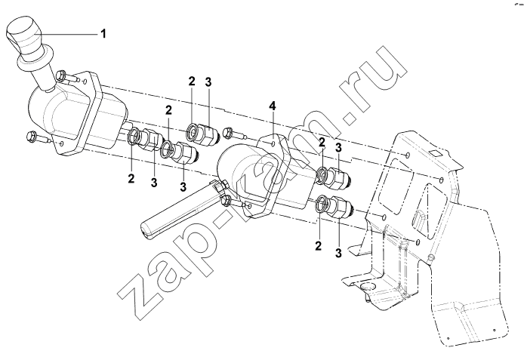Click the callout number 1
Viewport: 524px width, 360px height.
[x=103, y=34]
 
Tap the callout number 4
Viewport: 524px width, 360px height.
[x=273, y=106]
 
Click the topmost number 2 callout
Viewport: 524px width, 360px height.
[x=191, y=82]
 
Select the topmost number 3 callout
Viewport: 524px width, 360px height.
[x=208, y=82]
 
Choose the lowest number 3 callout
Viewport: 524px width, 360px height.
[x=338, y=253]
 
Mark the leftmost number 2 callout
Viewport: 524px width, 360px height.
[x=131, y=178]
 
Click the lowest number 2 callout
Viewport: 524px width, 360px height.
[x=318, y=247]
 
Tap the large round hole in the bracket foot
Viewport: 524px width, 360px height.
[x=368, y=287]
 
